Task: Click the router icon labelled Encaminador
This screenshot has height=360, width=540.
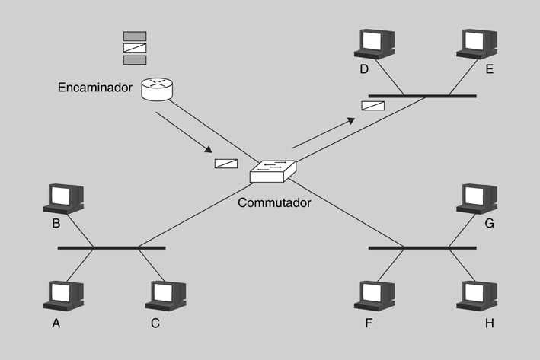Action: tap(158, 89)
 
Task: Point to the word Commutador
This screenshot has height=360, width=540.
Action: tap(274, 203)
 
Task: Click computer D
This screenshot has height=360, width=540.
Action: tap(374, 45)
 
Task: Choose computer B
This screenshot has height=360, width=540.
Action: tap(63, 198)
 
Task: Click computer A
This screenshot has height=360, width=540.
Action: tap(63, 295)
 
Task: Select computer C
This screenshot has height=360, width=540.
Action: tap(166, 295)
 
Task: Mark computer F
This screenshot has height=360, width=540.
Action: tap(374, 295)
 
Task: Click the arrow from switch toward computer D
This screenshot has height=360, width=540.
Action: tap(324, 132)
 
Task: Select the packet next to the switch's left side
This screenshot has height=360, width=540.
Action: tap(226, 163)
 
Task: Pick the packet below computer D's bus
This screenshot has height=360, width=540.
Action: tap(372, 106)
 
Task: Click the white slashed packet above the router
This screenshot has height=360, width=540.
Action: tap(135, 48)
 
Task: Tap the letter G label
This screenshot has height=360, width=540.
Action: tap(489, 225)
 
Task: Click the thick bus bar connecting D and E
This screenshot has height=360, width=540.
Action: tap(422, 97)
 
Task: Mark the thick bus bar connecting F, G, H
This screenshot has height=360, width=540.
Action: tap(422, 247)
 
